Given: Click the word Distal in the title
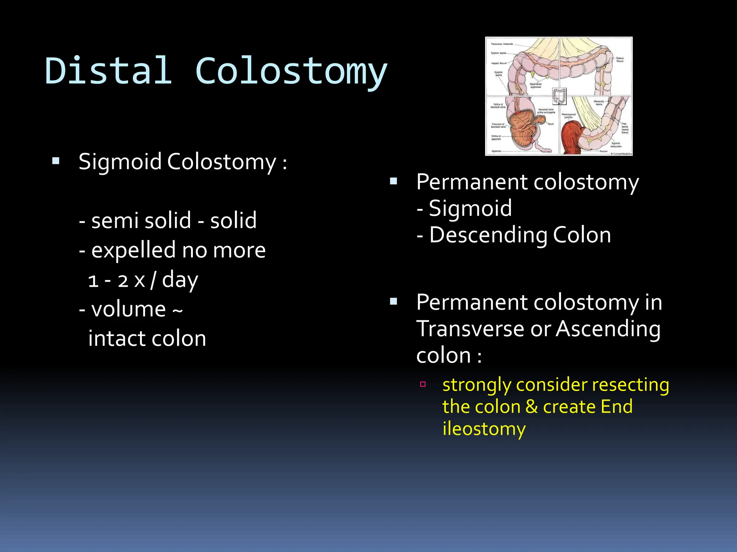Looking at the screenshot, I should click(108, 71).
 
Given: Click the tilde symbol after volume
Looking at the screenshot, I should click(177, 310).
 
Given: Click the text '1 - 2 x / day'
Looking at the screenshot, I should click(143, 280).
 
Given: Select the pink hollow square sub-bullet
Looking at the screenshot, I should click(423, 384).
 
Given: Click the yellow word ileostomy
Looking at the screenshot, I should click(484, 429).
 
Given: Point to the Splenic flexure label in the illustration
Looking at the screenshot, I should click(620, 60).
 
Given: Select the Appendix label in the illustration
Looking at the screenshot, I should click(496, 151).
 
